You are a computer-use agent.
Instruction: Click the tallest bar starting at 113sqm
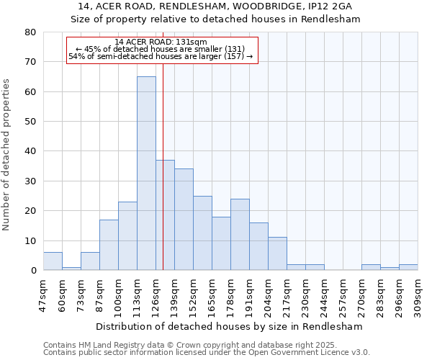click(146, 174)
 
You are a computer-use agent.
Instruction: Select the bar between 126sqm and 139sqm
click(165, 215)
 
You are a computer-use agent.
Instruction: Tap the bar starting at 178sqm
click(240, 235)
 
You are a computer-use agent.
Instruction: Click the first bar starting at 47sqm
click(53, 261)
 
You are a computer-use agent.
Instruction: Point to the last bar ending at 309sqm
click(408, 267)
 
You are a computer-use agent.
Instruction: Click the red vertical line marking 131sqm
click(163, 144)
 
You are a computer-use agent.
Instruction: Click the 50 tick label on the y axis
click(30, 122)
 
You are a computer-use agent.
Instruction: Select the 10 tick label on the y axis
click(30, 240)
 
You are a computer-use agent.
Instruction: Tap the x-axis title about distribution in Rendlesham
click(228, 326)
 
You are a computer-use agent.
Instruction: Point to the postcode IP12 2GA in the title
click(328, 6)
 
